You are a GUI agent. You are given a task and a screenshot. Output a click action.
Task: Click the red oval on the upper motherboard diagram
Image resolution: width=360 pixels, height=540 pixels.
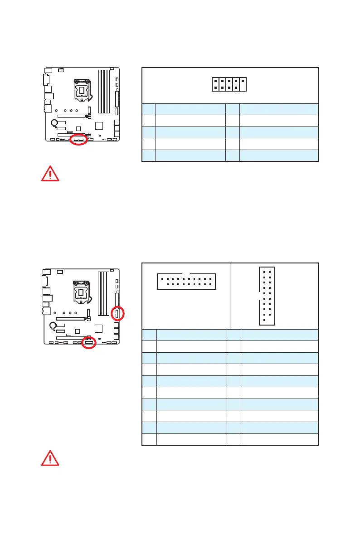click(79, 141)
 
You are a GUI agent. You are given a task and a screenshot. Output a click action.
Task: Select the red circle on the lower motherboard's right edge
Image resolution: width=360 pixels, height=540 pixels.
click(117, 313)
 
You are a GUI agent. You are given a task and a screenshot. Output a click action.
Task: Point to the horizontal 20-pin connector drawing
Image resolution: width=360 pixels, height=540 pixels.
click(186, 281)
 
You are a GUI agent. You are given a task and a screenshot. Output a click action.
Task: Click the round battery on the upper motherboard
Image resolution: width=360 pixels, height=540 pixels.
click(54, 122)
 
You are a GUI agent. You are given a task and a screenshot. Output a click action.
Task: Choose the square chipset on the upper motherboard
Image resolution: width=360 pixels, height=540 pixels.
click(100, 126)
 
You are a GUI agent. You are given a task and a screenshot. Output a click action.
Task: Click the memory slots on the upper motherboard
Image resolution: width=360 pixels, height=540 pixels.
click(105, 91)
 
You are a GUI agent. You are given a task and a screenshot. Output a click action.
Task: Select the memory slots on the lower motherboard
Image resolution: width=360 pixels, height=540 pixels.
click(105, 291)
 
